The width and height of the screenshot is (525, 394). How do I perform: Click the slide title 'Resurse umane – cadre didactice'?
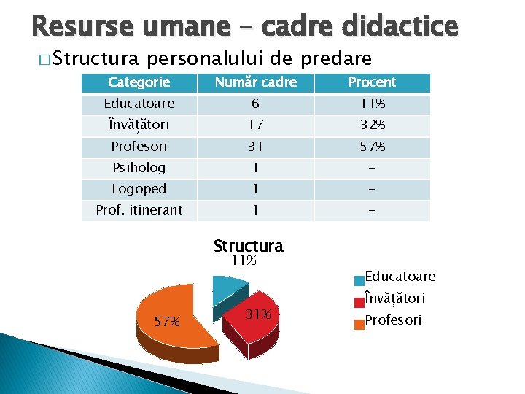(x=245, y=26)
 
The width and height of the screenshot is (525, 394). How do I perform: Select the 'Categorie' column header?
(x=139, y=82)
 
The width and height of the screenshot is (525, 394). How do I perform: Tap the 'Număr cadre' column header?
(x=255, y=82)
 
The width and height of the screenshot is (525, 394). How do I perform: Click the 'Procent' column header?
(x=372, y=82)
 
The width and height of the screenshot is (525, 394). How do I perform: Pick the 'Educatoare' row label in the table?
(x=139, y=104)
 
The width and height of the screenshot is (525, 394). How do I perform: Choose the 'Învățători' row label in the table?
(x=139, y=125)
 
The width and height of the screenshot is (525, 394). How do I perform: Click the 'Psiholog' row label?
(x=139, y=167)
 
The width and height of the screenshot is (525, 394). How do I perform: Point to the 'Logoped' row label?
(x=139, y=188)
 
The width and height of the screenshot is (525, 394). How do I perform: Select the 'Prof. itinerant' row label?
(x=139, y=210)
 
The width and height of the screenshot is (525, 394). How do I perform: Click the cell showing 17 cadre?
(x=255, y=125)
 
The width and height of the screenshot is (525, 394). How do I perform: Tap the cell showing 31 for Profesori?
(x=255, y=146)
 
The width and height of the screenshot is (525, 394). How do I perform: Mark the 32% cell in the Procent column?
(x=372, y=125)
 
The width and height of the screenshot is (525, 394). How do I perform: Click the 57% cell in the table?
(x=372, y=146)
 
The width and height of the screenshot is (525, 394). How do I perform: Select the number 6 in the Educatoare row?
(x=255, y=104)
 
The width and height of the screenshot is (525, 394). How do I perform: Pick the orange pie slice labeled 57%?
(x=168, y=318)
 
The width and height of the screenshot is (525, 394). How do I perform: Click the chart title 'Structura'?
(x=248, y=246)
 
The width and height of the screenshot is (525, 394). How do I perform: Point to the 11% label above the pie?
(x=244, y=260)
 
